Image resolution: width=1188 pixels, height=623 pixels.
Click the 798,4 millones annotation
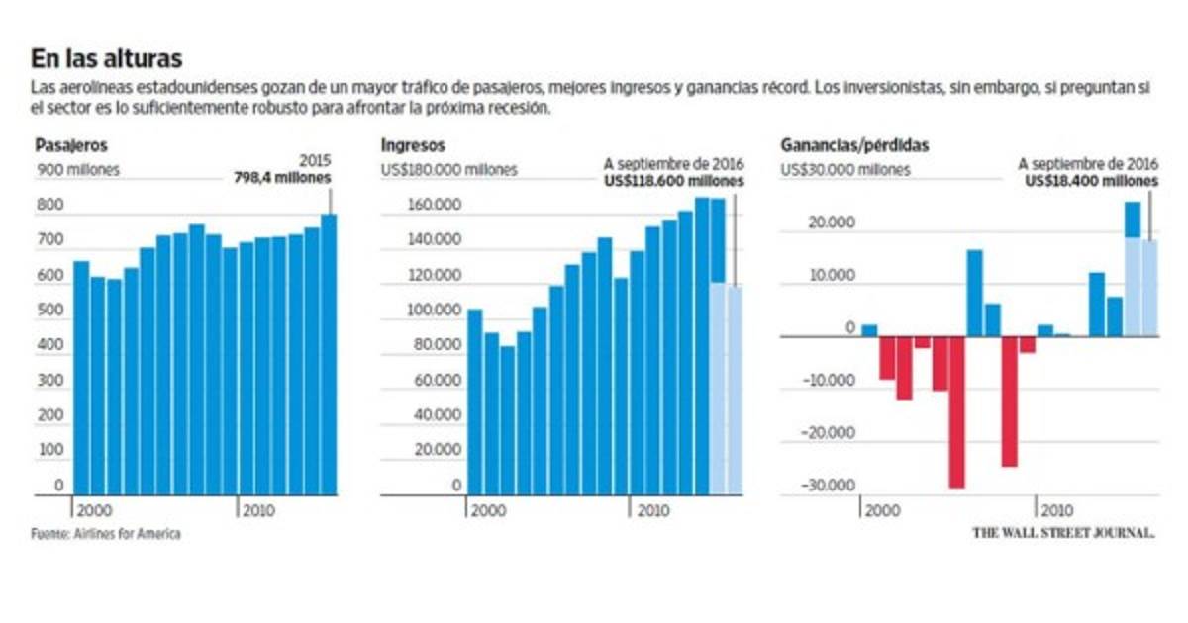point(284,179)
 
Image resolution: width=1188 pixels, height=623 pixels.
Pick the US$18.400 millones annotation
point(1090,182)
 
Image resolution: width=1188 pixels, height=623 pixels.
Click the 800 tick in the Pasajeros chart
point(51,206)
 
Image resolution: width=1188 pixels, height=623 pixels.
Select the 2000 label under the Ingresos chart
point(487,509)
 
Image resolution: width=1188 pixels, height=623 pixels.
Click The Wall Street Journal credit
point(1063,532)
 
